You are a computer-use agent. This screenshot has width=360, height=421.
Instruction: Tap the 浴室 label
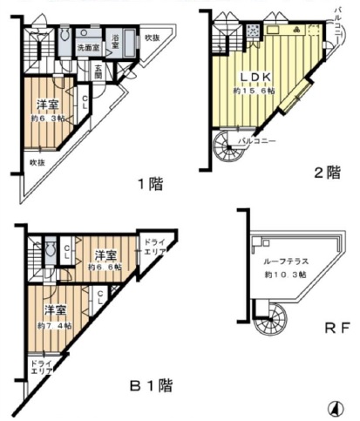[x=116, y=39]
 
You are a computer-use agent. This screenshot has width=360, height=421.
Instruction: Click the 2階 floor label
[x=327, y=173]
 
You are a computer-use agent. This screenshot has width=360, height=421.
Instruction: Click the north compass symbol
[x=335, y=407]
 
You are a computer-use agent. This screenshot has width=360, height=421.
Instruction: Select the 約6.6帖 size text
[x=106, y=267]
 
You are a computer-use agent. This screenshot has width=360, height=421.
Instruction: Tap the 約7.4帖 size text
[x=55, y=325]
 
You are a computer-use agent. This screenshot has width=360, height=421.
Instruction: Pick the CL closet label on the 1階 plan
[x=85, y=102]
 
